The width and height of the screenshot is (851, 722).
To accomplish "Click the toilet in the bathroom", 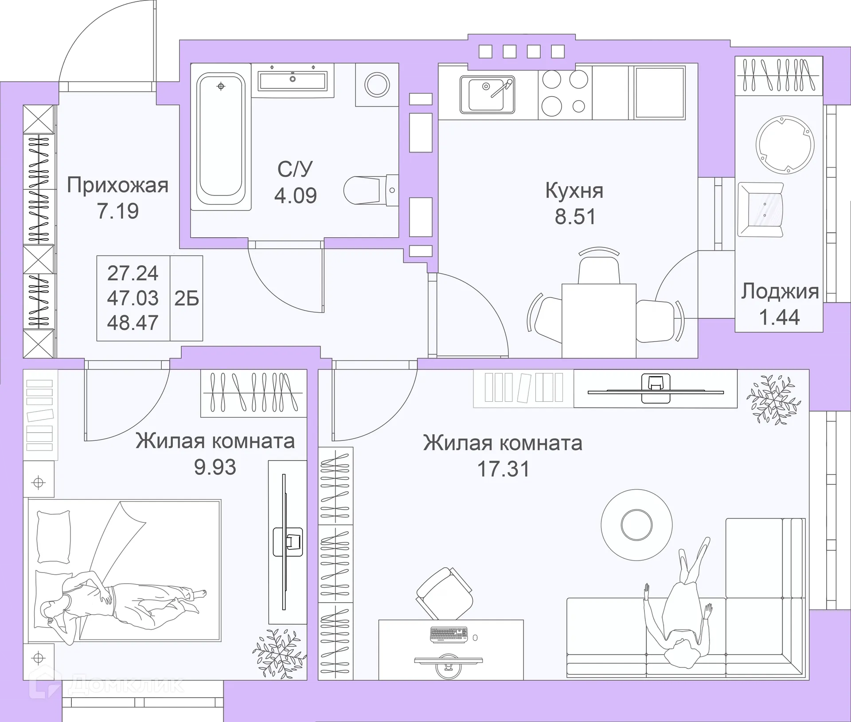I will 368,190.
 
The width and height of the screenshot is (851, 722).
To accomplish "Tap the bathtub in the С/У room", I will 221,141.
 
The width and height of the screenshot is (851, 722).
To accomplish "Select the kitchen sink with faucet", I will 487,94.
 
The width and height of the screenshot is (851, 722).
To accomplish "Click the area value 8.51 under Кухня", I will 575,217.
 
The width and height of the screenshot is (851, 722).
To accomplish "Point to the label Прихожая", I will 117,185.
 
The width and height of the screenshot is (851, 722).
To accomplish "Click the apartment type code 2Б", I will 186,299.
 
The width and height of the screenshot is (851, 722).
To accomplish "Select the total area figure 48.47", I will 133,323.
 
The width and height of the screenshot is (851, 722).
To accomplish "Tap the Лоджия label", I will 780,291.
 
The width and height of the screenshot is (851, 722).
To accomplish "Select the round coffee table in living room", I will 636,524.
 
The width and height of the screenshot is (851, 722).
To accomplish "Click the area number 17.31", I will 503,469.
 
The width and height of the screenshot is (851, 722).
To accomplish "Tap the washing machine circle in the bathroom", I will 377,84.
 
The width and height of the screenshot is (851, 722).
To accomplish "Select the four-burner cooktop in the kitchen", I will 565,93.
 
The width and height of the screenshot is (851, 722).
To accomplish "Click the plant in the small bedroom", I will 279,652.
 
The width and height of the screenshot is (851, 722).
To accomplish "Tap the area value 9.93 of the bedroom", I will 215,467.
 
